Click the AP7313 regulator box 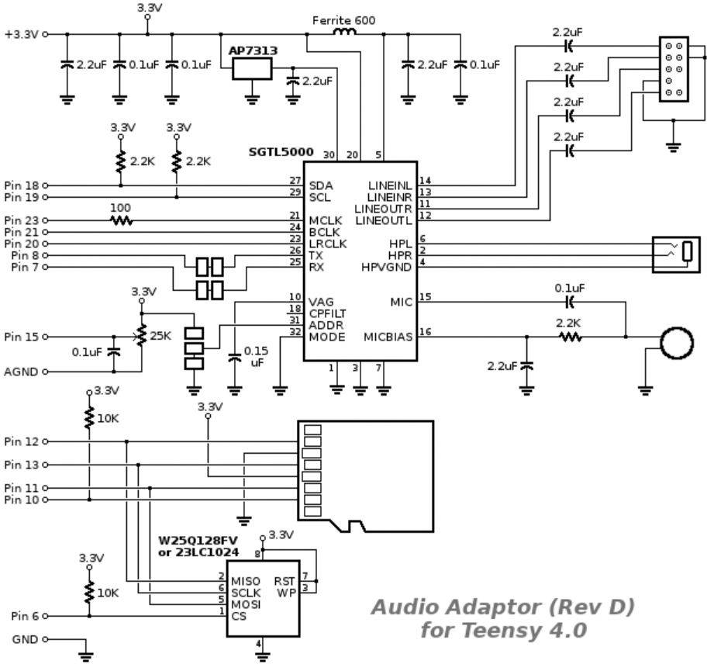[252, 68]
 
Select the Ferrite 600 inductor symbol [344, 33]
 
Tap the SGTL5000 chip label [281, 152]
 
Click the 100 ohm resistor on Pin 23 [121, 220]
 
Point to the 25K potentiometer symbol [140, 337]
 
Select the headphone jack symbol [676, 254]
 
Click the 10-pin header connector [674, 69]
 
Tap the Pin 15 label [21, 337]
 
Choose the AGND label [21, 372]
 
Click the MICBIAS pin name [388, 337]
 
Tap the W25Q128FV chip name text [195, 541]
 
